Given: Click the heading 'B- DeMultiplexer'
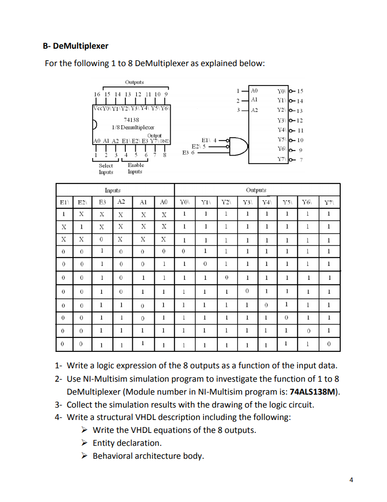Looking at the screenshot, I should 75,46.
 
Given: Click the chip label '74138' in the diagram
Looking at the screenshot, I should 131,120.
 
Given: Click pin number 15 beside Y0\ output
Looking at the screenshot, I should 300,91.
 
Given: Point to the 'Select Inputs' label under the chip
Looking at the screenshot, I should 105,168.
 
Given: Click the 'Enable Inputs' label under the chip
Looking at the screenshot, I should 135,168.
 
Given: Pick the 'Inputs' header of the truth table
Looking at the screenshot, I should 113,190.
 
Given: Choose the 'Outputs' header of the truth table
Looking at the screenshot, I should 256,190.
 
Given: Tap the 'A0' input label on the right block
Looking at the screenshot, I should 254,91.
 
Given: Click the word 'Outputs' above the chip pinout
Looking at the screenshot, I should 134,82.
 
